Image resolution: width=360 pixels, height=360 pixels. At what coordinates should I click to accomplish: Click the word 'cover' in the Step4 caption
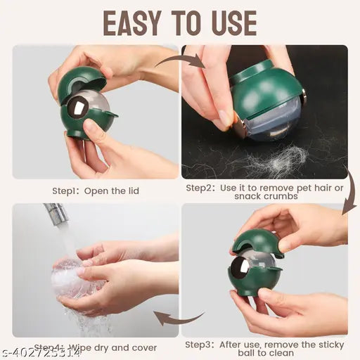142,347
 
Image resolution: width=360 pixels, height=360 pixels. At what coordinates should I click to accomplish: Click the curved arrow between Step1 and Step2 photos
179,62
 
